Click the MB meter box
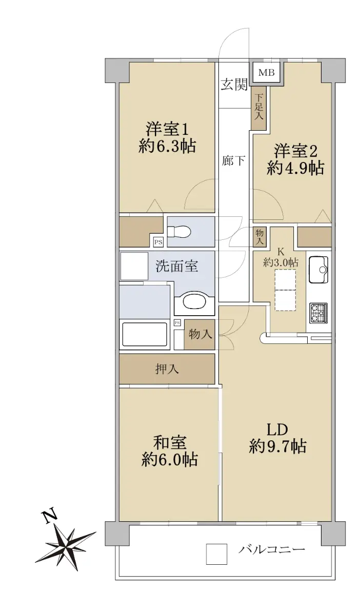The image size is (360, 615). click(x=267, y=73)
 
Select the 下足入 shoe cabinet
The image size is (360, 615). click(x=259, y=108)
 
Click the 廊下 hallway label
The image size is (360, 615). click(x=233, y=160)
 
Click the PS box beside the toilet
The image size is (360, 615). click(x=158, y=242)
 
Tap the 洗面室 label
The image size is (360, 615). click(x=177, y=265)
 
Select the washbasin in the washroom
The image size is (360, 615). click(x=194, y=302)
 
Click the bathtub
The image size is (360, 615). click(x=145, y=335)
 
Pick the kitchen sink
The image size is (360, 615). click(x=319, y=270)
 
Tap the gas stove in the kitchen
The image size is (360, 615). click(x=318, y=313)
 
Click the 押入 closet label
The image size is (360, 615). click(x=167, y=369)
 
